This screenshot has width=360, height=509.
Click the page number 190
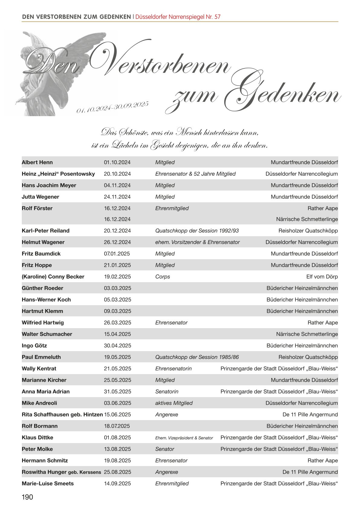tap(27, 497)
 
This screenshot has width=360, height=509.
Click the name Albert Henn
tap(37, 162)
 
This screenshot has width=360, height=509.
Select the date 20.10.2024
tap(117, 174)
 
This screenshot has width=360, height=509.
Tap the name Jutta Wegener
tap(40, 197)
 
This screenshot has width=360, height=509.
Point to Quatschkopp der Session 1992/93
tap(197, 231)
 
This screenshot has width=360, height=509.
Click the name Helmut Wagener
tap(43, 242)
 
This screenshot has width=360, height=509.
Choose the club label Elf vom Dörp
tap(322, 277)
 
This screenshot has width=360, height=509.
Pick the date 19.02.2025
tap(117, 277)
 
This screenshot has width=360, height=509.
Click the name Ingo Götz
tap(34, 346)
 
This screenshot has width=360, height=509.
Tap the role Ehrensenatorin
tap(173, 369)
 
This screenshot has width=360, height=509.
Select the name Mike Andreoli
tap(39, 403)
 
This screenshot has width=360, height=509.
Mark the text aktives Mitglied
tap(174, 403)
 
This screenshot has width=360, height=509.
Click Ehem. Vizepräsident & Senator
tap(184, 438)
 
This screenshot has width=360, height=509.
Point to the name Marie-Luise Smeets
tap(47, 484)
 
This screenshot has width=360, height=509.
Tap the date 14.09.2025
tap(117, 484)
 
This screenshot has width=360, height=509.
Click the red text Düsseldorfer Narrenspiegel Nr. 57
tap(178, 17)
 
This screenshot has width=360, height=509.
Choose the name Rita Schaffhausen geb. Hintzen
tap(62, 415)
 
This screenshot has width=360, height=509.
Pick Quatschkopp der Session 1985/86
tap(197, 357)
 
